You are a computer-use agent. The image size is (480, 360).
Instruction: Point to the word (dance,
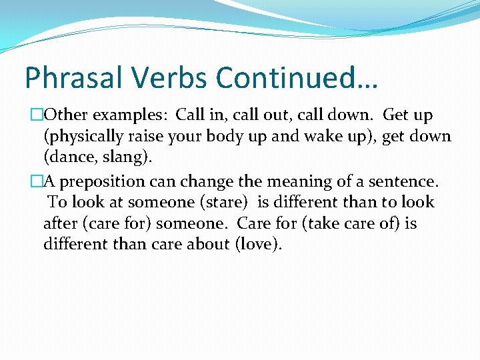point(69,159)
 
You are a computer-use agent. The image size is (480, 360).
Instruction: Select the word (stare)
point(224,203)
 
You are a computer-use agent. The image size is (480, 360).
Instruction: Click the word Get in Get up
point(396,116)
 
